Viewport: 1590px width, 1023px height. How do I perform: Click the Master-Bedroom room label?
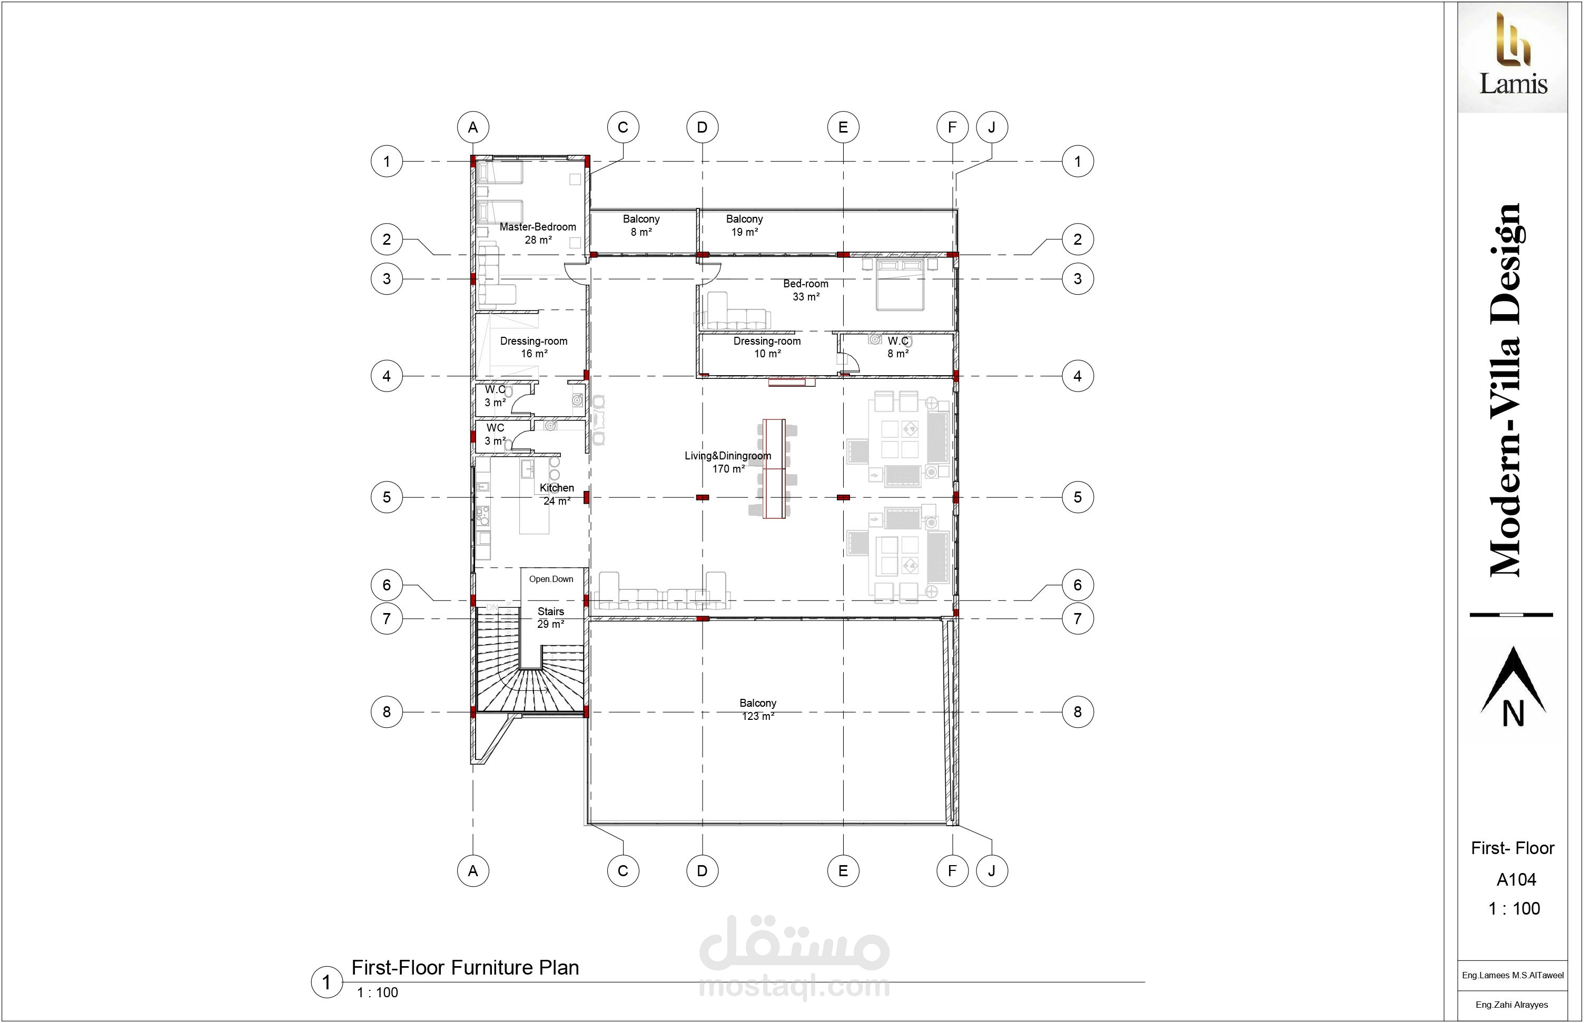[x=538, y=233]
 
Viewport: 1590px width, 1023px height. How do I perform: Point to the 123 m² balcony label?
[x=758, y=709]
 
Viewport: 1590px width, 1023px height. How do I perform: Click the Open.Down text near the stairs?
[x=551, y=579]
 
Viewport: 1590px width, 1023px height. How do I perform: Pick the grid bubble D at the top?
[x=703, y=127]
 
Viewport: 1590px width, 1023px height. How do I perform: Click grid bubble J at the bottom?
[x=992, y=870]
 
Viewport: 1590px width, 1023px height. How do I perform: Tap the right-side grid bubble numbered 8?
[x=1078, y=712]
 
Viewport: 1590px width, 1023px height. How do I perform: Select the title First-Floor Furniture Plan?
[x=465, y=968]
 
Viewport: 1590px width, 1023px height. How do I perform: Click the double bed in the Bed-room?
[x=900, y=286]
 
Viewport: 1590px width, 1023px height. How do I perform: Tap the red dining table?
[x=774, y=468]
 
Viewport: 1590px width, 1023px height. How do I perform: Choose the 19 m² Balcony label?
[x=745, y=225]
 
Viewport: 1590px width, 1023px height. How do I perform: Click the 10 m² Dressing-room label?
[x=767, y=347]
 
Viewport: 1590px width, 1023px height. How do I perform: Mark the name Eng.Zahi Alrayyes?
[x=1512, y=1005]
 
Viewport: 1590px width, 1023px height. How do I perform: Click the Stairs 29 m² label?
[x=551, y=618]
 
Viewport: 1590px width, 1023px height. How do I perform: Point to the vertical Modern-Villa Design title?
[x=1505, y=390]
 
